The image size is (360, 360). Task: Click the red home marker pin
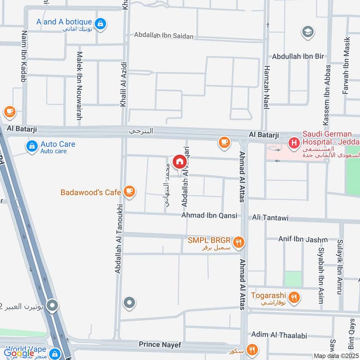[x=179, y=161]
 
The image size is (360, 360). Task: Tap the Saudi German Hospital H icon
[x=294, y=144]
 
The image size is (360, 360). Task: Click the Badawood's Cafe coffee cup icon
[x=130, y=192]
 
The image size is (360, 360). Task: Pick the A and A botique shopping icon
[x=100, y=22]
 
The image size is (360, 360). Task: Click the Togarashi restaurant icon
[x=294, y=297]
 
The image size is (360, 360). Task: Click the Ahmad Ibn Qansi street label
[x=209, y=216]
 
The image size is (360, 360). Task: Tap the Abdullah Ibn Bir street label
[x=298, y=57]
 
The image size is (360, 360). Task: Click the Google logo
[x=19, y=353]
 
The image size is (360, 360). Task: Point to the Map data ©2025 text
[x=335, y=356]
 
